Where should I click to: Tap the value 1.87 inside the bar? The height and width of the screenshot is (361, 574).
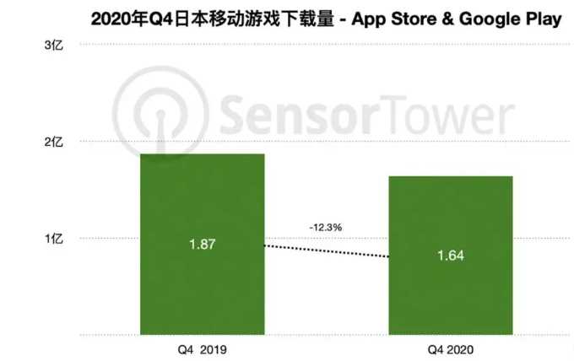click(202, 245)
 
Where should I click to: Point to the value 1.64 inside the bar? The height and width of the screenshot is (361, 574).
click(450, 256)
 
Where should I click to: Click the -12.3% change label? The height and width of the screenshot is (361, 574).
click(326, 227)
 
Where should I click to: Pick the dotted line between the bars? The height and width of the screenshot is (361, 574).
click(326, 251)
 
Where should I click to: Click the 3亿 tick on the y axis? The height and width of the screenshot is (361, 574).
click(53, 45)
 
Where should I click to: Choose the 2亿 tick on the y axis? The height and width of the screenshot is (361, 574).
click(53, 142)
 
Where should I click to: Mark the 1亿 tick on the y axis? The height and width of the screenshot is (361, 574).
click(53, 239)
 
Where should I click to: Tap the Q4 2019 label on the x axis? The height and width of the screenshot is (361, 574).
click(202, 348)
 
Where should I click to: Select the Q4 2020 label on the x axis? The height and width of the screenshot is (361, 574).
click(450, 348)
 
